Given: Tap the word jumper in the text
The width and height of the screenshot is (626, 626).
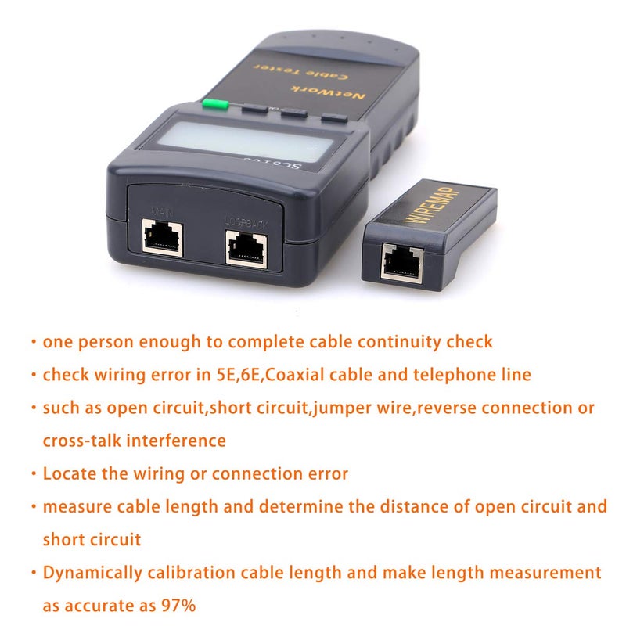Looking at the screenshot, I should coord(348,408).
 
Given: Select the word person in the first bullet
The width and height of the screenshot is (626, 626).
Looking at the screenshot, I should coord(103,341).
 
